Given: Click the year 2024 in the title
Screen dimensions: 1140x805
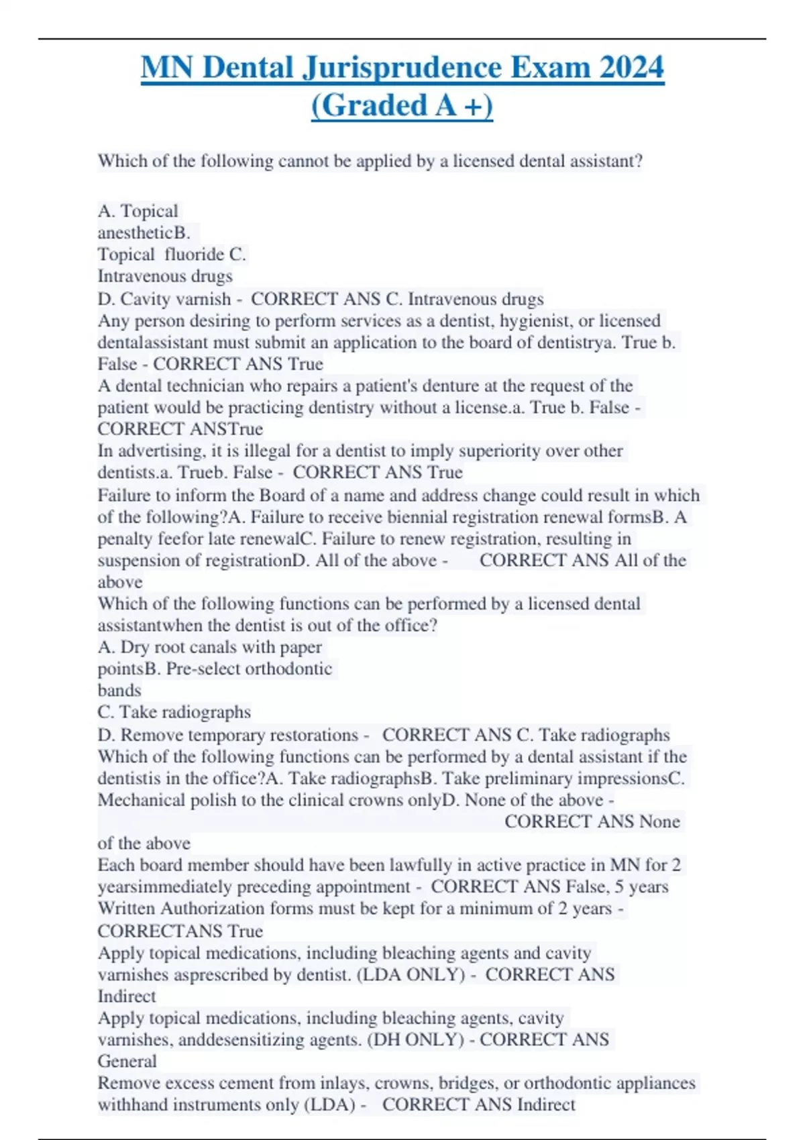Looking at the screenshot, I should [x=631, y=68].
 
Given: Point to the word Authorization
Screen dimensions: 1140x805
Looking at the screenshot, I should [x=218, y=909].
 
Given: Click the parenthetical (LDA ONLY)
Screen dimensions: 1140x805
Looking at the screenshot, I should [x=411, y=974].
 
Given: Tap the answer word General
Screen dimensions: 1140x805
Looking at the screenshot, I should [x=127, y=1062].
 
